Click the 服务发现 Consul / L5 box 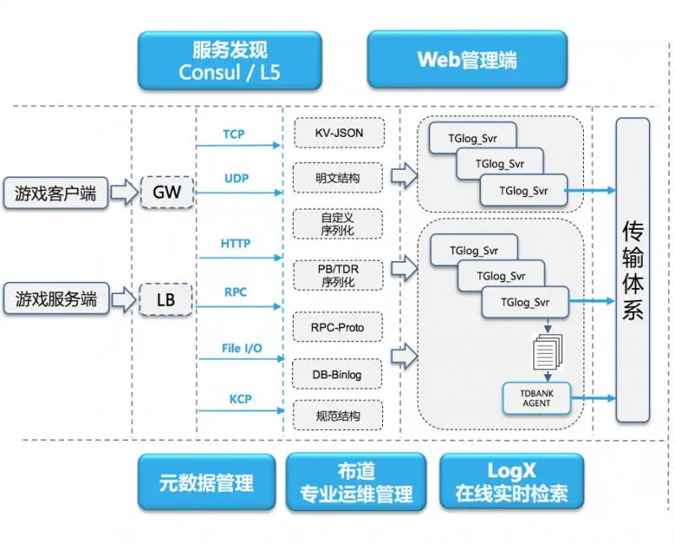point(229,60)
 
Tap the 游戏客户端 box point(56,193)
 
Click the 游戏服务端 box point(56,298)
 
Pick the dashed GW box point(167,193)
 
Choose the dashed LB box point(167,298)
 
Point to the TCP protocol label point(234,134)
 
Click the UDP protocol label point(235,178)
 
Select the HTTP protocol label point(235,243)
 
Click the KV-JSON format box point(339,133)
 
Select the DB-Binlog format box point(339,373)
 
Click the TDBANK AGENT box point(537,398)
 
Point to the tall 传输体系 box point(633,270)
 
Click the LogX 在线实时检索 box point(511,482)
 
